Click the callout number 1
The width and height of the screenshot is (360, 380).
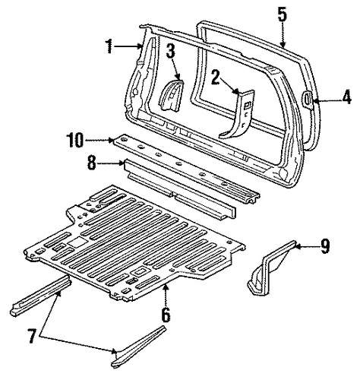point(109,46)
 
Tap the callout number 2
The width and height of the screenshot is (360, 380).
point(215,78)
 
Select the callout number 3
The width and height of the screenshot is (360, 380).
point(171,51)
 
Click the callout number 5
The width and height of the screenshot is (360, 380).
point(283,14)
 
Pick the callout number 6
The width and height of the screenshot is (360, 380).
point(166,315)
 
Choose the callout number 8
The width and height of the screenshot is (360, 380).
point(92,163)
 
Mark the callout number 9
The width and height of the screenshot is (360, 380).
point(325,246)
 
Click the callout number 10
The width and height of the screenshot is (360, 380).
point(75,140)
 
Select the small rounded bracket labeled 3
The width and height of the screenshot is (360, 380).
point(171,96)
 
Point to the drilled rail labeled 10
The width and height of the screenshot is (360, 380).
point(187,169)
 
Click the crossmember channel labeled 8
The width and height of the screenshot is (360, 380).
point(180,189)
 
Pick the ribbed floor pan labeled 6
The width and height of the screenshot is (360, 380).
point(134,243)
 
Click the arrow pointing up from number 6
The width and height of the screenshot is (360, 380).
point(166,296)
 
